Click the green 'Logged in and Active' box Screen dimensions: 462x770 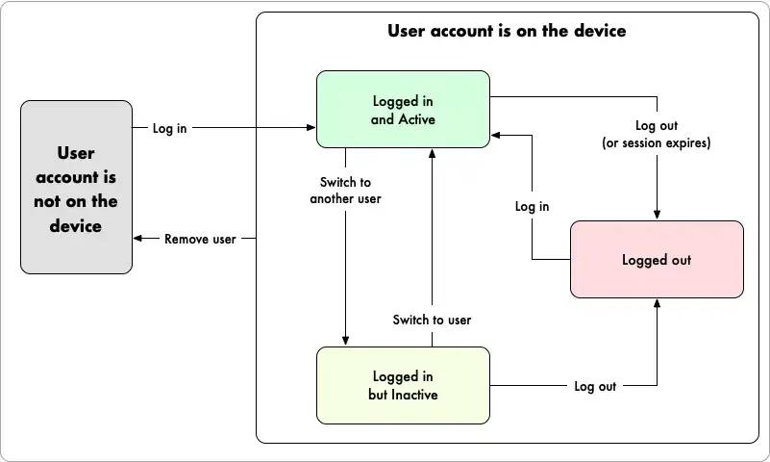coord(403,110)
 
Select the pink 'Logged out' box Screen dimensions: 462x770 coord(657,260)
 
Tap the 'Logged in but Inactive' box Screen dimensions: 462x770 coord(403,385)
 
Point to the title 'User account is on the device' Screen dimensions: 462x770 coord(507,31)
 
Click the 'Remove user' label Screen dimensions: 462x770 coord(199,239)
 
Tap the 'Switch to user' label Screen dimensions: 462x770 coord(432,320)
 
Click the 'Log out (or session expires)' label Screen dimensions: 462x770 coord(657,135)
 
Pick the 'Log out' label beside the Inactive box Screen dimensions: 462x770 coord(595,386)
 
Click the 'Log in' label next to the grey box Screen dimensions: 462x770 coord(169,128)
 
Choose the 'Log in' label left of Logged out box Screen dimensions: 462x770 coord(532,206)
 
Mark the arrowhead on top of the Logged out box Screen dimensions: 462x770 coord(658,215)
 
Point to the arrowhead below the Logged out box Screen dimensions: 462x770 coord(658,303)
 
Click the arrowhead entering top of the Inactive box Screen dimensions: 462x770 coord(345,340)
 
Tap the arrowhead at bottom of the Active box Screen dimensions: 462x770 coord(433,154)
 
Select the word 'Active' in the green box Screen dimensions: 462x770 coord(416,119)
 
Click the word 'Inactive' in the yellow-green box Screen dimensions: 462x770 coord(416,395)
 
